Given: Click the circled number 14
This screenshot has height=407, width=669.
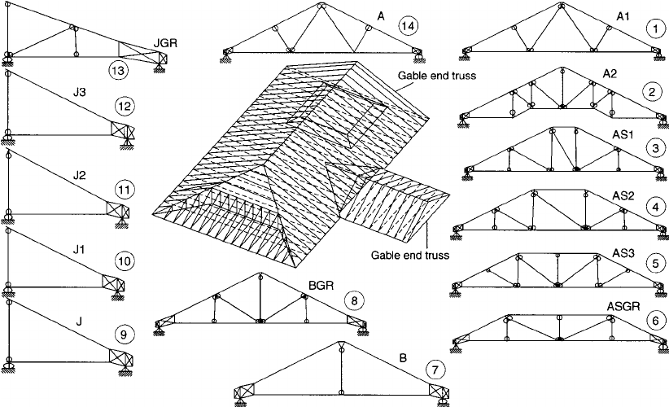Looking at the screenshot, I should (x=409, y=27).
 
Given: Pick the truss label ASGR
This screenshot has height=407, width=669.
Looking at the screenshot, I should (x=622, y=306).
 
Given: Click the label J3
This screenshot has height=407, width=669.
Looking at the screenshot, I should (x=79, y=92).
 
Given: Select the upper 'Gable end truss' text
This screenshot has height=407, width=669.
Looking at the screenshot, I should (x=436, y=76).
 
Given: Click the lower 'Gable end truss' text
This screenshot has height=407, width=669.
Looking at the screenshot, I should (x=411, y=255).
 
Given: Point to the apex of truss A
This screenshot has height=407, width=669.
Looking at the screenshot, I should (x=320, y=6).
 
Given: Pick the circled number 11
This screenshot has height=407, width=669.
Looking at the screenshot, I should (x=124, y=190).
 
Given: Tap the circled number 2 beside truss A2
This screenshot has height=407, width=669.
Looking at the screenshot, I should (x=654, y=90).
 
